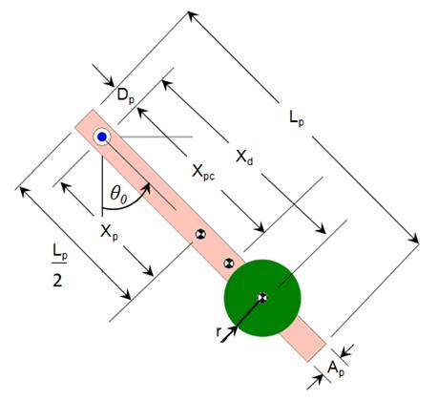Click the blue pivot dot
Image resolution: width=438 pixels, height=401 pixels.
101,137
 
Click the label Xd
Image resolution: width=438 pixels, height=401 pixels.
245,155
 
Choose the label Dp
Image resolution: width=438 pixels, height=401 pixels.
124,95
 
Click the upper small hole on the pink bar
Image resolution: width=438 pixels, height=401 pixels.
200,234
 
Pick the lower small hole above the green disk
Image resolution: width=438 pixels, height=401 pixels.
227,263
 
